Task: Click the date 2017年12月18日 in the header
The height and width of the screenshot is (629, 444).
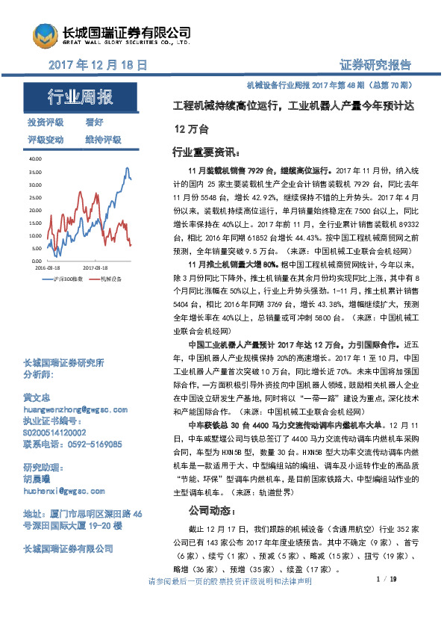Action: [97, 65]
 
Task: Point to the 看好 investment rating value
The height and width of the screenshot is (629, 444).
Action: [94, 122]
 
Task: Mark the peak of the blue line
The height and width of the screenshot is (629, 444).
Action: [128, 168]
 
